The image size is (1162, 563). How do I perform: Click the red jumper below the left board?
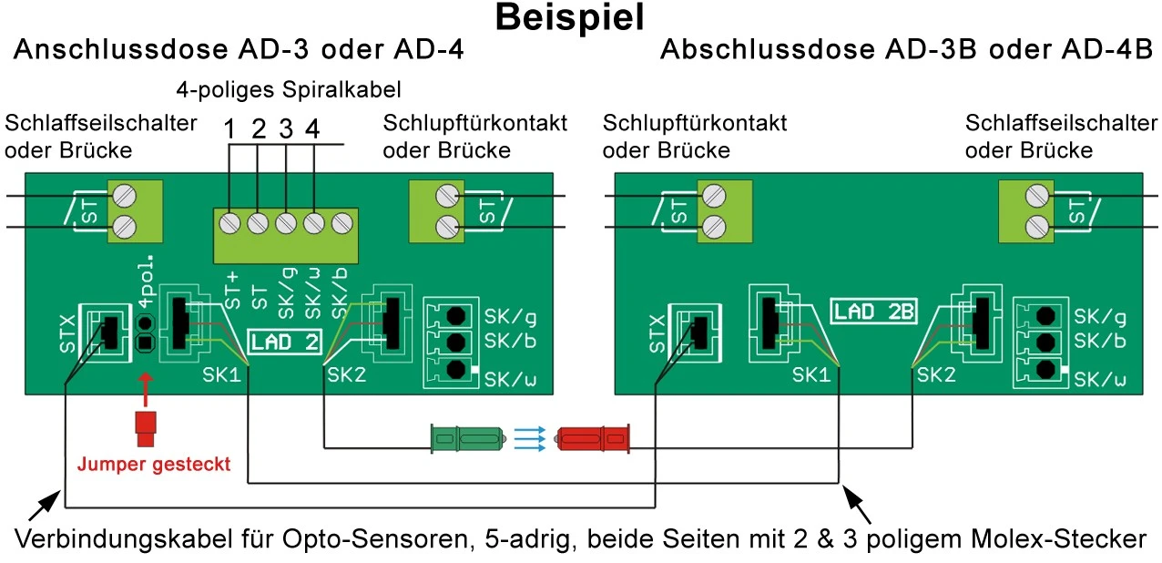145,429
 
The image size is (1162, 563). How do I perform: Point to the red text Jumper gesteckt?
153,464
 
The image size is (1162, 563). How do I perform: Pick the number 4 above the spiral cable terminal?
312,130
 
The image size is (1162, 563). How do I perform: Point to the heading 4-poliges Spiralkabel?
289,91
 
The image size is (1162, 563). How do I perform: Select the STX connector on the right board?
689,333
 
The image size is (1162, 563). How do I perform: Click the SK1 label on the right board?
810,374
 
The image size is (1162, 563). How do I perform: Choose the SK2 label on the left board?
345,374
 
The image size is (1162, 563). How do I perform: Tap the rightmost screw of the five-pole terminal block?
341,221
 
